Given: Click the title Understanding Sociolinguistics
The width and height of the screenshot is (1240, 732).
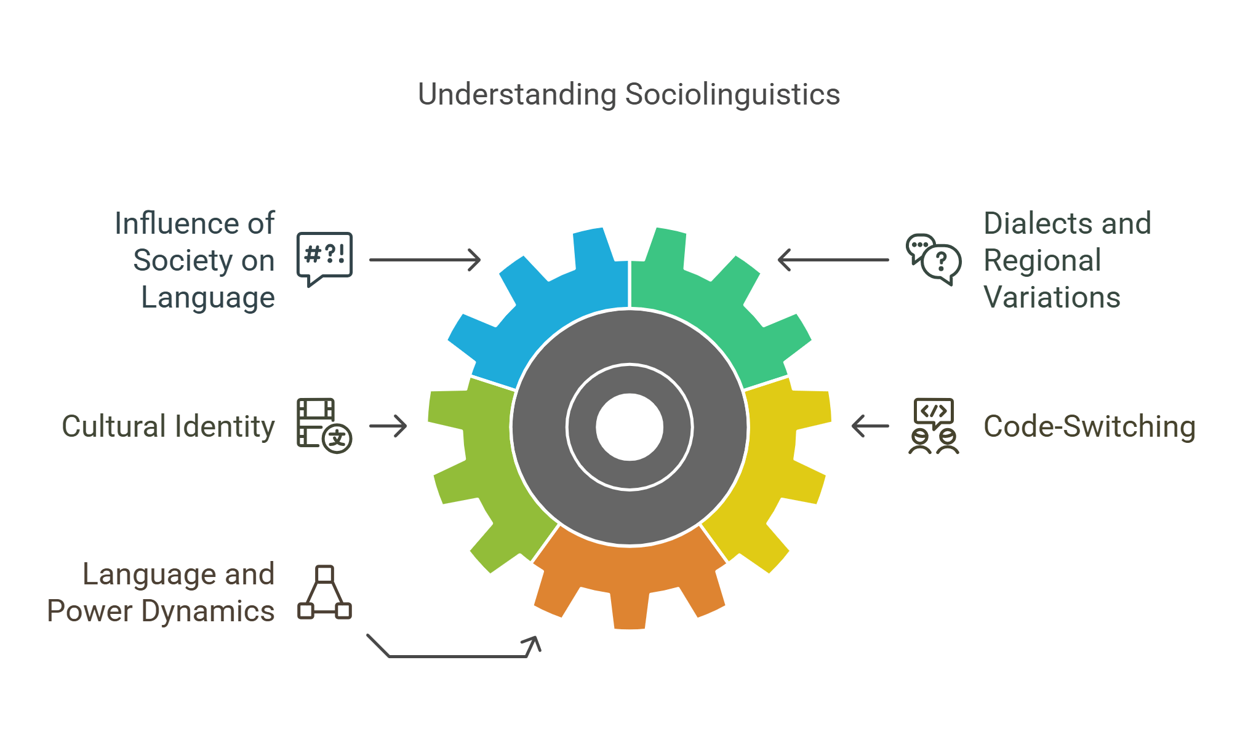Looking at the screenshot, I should [x=628, y=95].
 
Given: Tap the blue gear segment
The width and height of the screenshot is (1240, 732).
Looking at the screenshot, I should [x=554, y=308].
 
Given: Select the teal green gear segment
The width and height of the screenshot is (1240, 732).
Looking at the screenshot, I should [x=708, y=308].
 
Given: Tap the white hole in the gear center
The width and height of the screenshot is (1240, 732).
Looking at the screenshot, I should [x=629, y=426].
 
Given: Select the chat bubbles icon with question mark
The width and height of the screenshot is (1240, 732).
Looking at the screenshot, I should [x=934, y=259].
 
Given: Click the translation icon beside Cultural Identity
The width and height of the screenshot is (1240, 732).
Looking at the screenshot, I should [x=324, y=426].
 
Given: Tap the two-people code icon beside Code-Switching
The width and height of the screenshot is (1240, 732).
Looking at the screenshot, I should [x=934, y=426].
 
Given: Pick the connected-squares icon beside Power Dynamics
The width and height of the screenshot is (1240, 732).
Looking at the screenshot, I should [x=324, y=592].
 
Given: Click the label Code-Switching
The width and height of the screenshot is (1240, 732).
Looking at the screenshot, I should [x=1089, y=426].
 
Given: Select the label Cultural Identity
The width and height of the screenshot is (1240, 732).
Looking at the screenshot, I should [x=168, y=426].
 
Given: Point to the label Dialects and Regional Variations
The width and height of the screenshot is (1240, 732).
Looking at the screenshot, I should [x=1066, y=260].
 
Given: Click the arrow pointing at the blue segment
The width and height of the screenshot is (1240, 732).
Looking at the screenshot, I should [x=425, y=260].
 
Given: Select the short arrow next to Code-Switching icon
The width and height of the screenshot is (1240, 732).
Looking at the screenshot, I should [x=870, y=426].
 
